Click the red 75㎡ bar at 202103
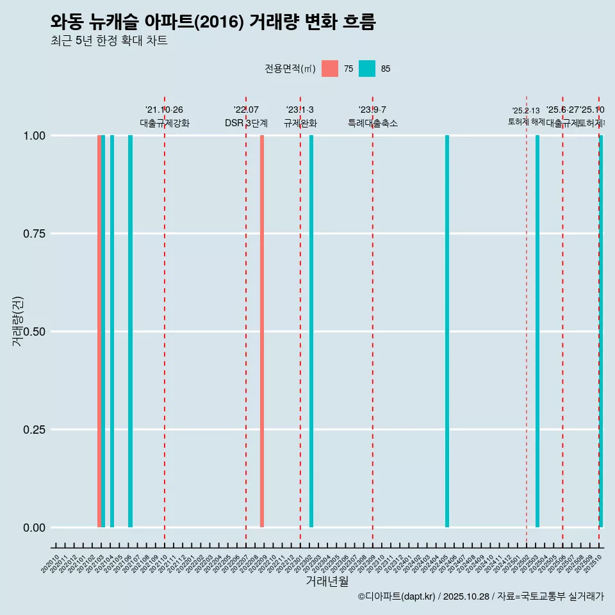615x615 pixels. [99, 331]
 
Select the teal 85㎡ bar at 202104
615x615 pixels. [112, 331]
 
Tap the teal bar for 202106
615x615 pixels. [130, 331]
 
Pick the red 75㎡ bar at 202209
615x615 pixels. [262, 331]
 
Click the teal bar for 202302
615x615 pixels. [311, 331]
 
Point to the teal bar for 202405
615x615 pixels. [447, 331]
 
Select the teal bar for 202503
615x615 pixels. [537, 331]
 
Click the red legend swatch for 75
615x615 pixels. [330, 69]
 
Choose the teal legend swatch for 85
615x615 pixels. [367, 69]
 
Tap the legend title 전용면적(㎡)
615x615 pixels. [290, 69]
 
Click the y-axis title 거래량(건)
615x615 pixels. [17, 321]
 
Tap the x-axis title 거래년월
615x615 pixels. [327, 581]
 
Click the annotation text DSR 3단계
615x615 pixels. [246, 123]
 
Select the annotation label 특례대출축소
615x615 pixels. [373, 123]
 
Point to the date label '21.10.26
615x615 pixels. [165, 110]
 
